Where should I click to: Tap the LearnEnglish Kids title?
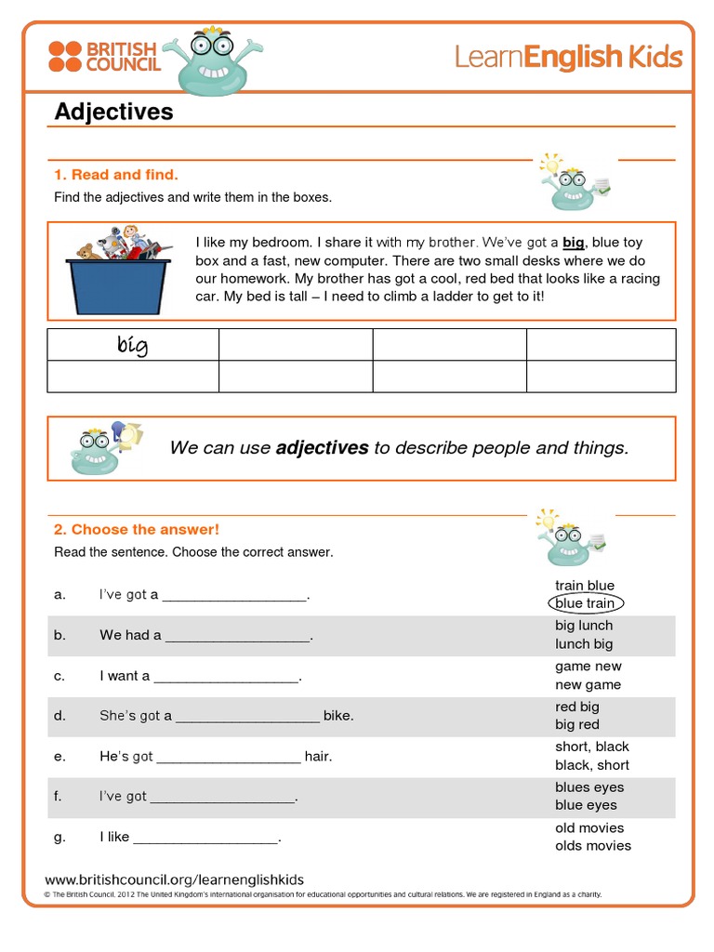click(568, 58)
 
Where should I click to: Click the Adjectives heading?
click(114, 112)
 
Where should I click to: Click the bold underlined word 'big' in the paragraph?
click(574, 243)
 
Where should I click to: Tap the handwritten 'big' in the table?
click(132, 346)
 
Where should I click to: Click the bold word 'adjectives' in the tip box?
click(322, 448)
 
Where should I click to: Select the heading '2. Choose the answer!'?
click(137, 529)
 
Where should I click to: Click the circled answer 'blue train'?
click(585, 603)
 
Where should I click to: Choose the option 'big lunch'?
click(584, 626)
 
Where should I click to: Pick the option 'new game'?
click(588, 685)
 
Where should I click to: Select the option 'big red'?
click(577, 725)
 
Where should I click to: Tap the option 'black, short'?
click(592, 765)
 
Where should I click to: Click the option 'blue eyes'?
click(586, 805)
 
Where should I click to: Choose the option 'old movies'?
click(589, 827)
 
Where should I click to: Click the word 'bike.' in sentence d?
click(338, 716)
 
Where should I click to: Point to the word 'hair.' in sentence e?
click(318, 756)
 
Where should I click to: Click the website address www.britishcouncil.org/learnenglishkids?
click(175, 879)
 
